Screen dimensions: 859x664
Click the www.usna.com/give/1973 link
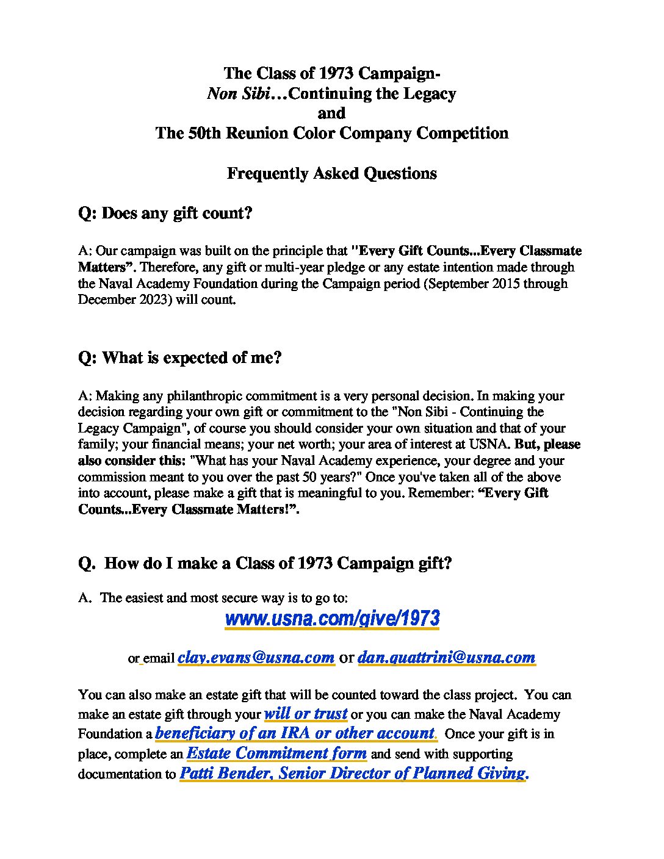coord(332,619)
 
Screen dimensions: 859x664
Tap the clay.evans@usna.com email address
coord(256,657)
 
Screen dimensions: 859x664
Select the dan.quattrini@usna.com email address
coord(446,657)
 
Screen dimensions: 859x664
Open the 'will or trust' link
coord(306,714)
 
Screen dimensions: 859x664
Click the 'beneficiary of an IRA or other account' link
coord(295,733)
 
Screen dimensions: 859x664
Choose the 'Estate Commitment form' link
coord(276,753)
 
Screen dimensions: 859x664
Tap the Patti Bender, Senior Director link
coord(353,774)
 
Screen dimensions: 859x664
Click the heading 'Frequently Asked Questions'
coord(331,173)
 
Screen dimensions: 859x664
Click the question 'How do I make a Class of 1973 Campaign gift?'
coord(265,562)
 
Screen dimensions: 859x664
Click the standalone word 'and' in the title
coord(331,113)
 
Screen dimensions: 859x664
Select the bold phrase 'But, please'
coord(547,444)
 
